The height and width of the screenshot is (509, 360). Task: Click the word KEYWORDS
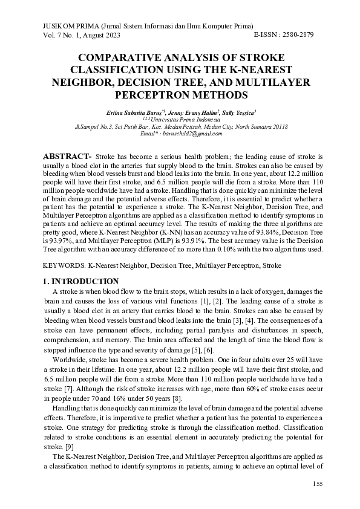coord(64,265)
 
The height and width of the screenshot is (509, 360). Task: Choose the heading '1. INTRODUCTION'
coord(80,281)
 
